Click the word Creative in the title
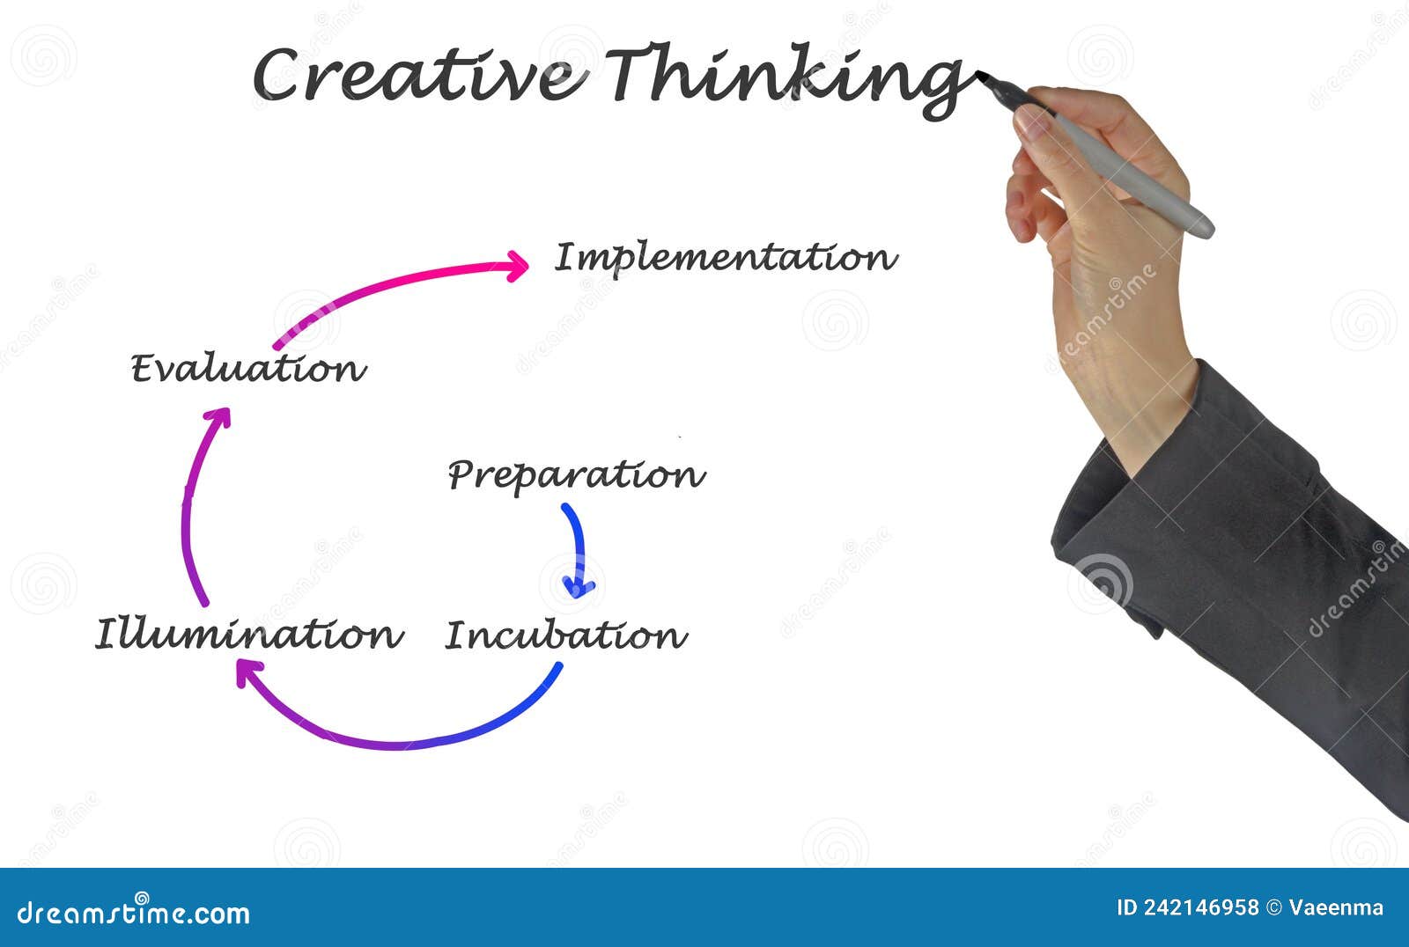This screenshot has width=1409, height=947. (x=418, y=75)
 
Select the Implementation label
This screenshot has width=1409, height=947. (x=726, y=258)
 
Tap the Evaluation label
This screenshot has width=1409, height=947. (x=247, y=368)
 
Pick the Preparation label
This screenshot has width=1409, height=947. (x=576, y=475)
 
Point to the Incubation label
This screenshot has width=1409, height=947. (x=565, y=635)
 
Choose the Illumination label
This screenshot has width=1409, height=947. (x=248, y=635)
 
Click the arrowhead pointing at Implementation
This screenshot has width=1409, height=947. (x=518, y=265)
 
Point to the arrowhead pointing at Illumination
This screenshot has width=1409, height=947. (x=248, y=673)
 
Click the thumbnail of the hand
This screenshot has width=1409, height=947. (x=1032, y=121)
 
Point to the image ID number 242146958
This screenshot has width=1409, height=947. (x=1200, y=907)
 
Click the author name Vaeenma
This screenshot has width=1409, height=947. (x=1336, y=907)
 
